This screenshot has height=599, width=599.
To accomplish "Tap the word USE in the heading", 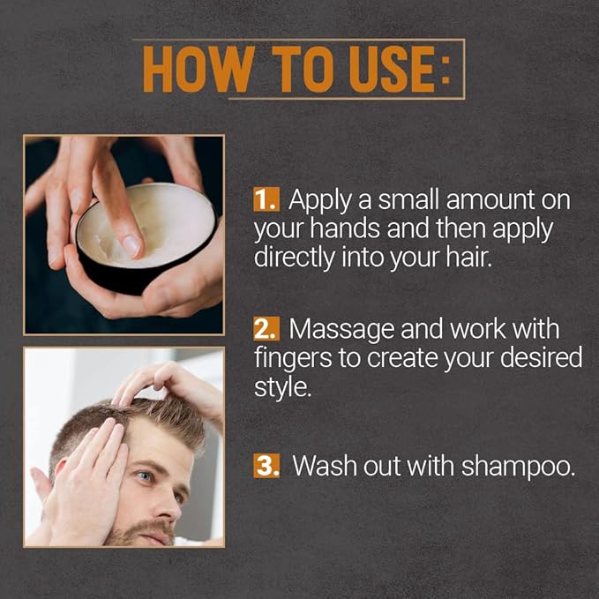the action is coord(392,69).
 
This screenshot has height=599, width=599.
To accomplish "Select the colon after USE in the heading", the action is coord(446,70).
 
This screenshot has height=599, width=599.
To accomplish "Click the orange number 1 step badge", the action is coord(266,199).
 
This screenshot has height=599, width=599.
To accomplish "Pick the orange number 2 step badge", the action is coord(266,328).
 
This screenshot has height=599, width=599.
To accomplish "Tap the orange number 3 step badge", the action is coord(266,466).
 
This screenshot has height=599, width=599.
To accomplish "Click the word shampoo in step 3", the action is coord(518,468).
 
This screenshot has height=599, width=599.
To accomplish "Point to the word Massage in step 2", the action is coord(341,330).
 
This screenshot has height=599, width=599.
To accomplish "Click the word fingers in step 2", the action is coord(293,359).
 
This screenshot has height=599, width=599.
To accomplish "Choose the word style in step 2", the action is coord(282,388).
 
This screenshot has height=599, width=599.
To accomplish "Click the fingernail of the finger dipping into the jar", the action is coord(131,245).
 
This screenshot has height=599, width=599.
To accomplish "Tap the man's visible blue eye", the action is coord(145,476).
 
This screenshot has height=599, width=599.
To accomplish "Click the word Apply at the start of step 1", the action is coord(320,202).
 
